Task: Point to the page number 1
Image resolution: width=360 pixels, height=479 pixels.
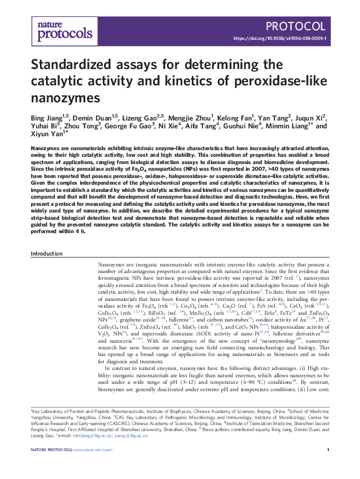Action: pos(327,450)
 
